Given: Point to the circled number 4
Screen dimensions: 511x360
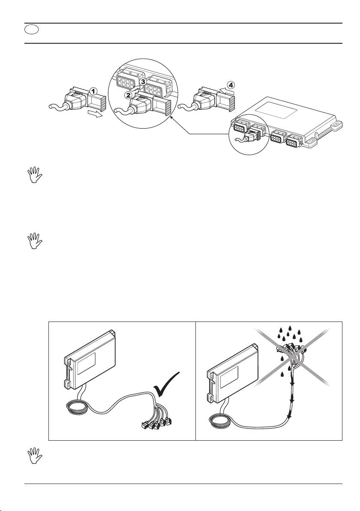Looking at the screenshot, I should click(x=231, y=84).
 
